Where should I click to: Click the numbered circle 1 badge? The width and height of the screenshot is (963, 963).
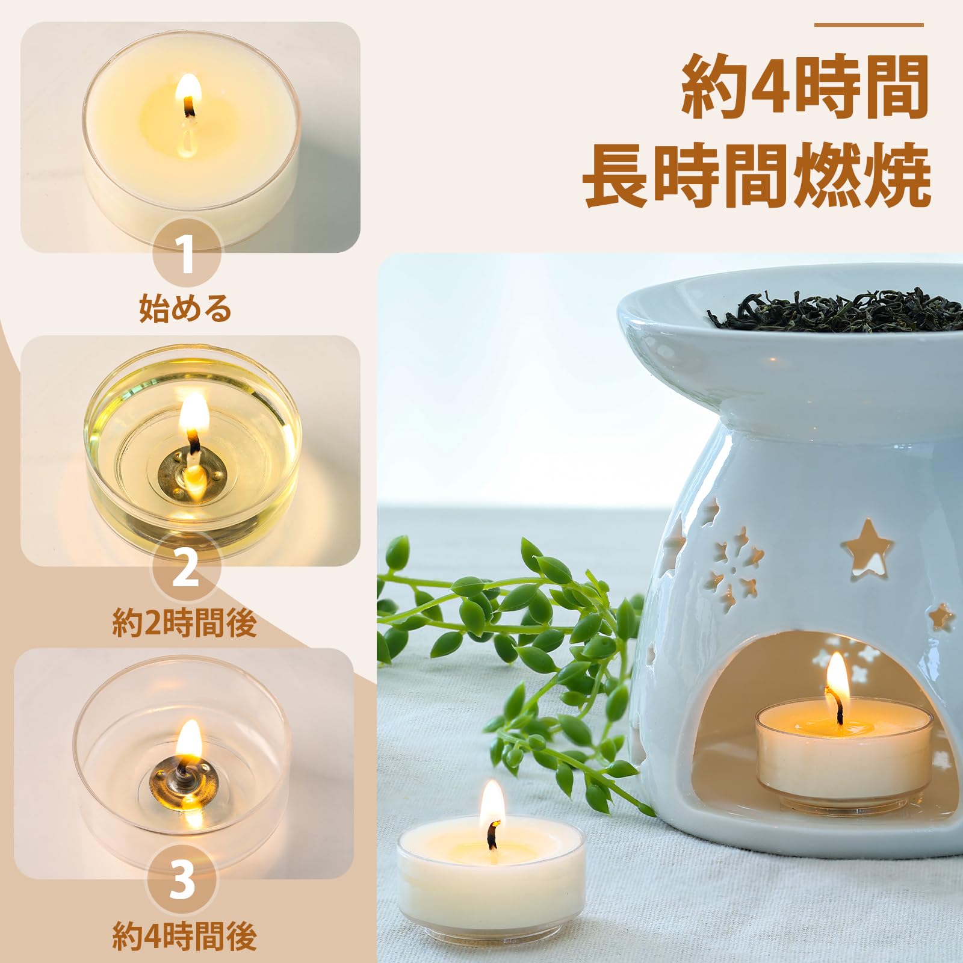click(x=187, y=255)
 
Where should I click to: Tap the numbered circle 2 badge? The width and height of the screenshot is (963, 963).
click(x=185, y=568)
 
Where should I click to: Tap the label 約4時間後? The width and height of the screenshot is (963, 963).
click(x=185, y=936)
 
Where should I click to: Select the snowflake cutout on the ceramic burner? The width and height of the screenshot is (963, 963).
click(x=730, y=569)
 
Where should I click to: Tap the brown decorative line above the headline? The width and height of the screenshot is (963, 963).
click(x=869, y=25)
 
